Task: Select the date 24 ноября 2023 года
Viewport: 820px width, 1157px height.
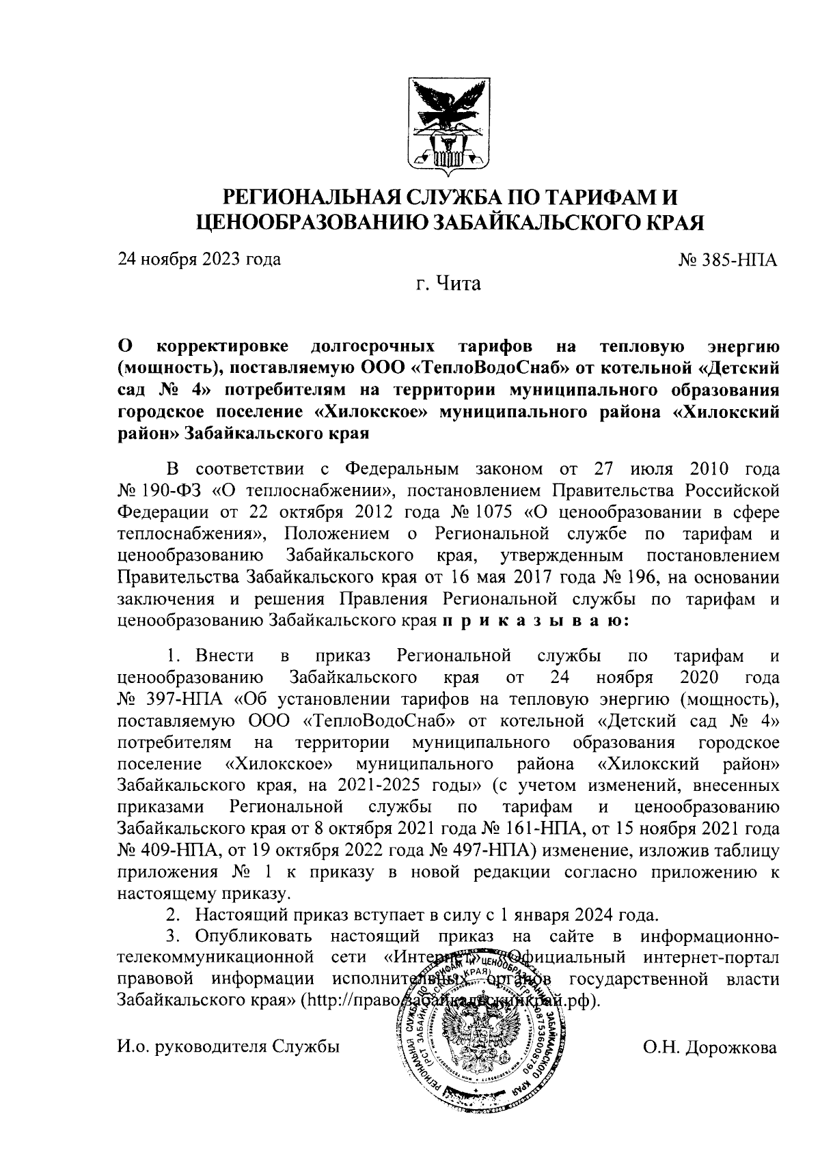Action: click(200, 260)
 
